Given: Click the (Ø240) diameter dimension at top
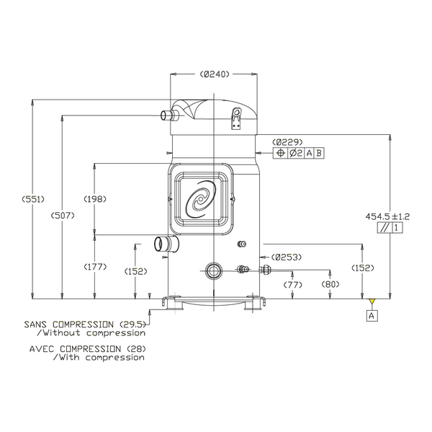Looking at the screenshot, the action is point(215,74).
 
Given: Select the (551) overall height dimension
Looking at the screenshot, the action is point(33,199).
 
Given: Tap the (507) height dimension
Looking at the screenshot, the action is point(63,216).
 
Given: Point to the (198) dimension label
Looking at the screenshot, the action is point(95,199).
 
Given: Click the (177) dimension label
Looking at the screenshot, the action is point(95,267).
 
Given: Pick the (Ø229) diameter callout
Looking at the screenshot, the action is point(287,142).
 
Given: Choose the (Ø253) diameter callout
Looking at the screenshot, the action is point(287,257).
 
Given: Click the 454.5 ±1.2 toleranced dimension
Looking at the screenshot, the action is point(387,216).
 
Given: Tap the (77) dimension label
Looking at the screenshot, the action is point(293,284).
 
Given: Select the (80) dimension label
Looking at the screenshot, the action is point(330,284).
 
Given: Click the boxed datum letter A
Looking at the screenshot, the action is point(372,315).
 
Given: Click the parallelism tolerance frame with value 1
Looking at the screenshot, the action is point(390,228).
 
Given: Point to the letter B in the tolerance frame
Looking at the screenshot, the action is point(319,153).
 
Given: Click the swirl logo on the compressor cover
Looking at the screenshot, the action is point(201,199).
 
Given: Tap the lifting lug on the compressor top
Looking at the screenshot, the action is point(236,118).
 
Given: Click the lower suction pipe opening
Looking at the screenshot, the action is point(159,244).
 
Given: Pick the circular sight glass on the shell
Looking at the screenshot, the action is point(214,270).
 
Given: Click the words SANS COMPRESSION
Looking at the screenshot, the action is point(68,325).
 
